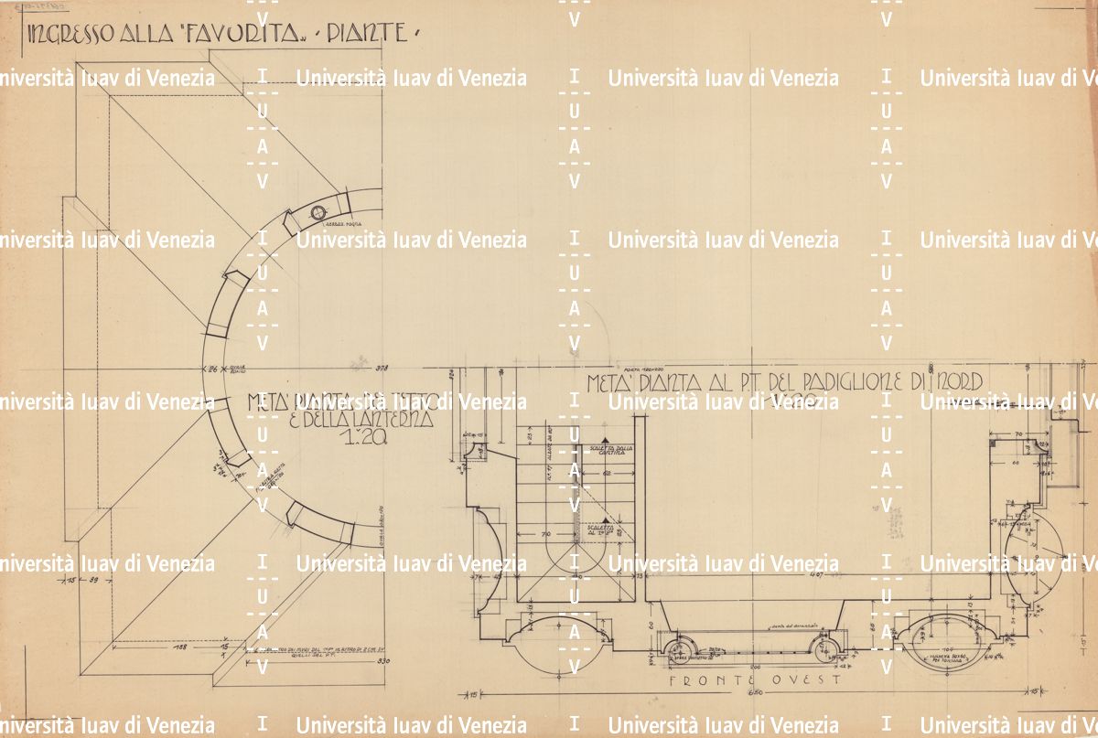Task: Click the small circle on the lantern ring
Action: (x=318, y=213)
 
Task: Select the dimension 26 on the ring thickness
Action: (x=212, y=369)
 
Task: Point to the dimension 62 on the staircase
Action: (x=606, y=475)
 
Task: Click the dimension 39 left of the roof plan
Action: (x=92, y=580)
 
